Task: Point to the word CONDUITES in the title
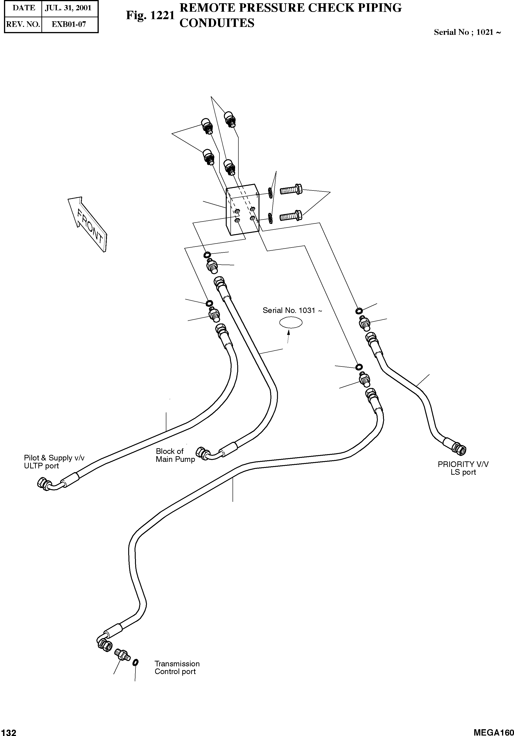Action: (x=217, y=23)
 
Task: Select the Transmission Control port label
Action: (x=177, y=667)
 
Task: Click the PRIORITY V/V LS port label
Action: (x=463, y=468)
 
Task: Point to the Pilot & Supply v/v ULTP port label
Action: (x=54, y=462)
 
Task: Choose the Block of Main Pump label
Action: (x=175, y=455)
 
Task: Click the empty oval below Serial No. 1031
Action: (x=291, y=323)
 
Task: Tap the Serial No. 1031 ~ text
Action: (x=292, y=310)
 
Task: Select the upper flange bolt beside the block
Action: (x=291, y=190)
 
